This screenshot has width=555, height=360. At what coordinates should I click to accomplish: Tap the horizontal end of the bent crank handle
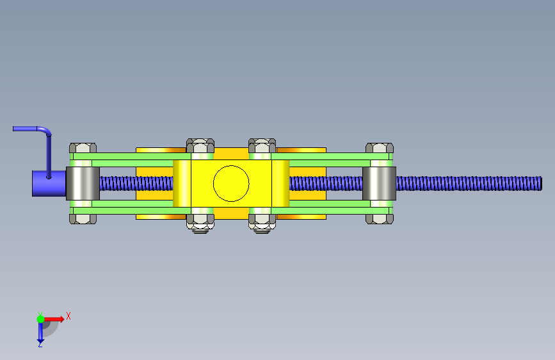click(x=13, y=129)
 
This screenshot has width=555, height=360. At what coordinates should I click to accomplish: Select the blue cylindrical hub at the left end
click(x=49, y=184)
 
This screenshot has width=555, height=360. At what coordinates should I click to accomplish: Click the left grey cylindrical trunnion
click(x=83, y=183)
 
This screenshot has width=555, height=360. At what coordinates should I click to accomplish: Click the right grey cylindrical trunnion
click(x=379, y=183)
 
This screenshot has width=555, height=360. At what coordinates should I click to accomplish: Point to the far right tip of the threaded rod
click(x=542, y=184)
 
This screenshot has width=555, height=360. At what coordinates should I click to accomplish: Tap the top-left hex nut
click(x=83, y=148)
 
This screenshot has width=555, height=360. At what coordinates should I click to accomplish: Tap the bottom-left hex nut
click(x=83, y=219)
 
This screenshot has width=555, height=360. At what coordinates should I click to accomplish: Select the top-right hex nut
click(x=380, y=148)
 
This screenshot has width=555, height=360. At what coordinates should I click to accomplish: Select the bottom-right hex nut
click(x=380, y=219)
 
